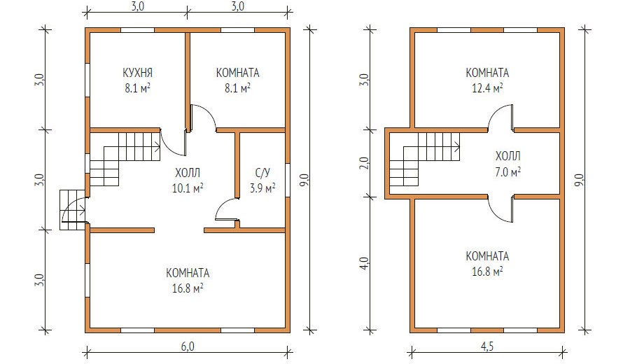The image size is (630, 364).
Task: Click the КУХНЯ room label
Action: tap(137, 73)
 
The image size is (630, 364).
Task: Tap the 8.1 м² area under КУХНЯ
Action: tap(137, 88)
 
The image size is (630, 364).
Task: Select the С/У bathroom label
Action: tap(262, 173)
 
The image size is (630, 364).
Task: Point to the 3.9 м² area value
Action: tap(262, 188)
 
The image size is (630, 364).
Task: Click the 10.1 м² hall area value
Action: tap(188, 188)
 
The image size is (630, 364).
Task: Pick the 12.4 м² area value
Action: tap(487, 88)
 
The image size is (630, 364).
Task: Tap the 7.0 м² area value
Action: tap(508, 172)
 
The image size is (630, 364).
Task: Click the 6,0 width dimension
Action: tap(188, 346)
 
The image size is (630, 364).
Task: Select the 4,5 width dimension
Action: tap(487, 346)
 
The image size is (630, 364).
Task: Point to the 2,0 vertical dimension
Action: tap(364, 162)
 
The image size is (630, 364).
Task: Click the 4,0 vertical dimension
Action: tap(364, 264)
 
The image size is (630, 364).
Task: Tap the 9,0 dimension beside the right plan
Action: tap(579, 180)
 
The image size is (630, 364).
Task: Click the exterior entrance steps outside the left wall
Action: tap(72, 210)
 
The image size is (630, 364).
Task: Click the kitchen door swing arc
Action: tap(169, 146)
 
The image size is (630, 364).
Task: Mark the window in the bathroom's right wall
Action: tap(288, 180)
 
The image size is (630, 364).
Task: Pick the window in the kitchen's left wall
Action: tap(87, 80)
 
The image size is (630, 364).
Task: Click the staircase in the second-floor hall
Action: tap(424, 160)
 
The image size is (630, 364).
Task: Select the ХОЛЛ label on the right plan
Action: tap(508, 156)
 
